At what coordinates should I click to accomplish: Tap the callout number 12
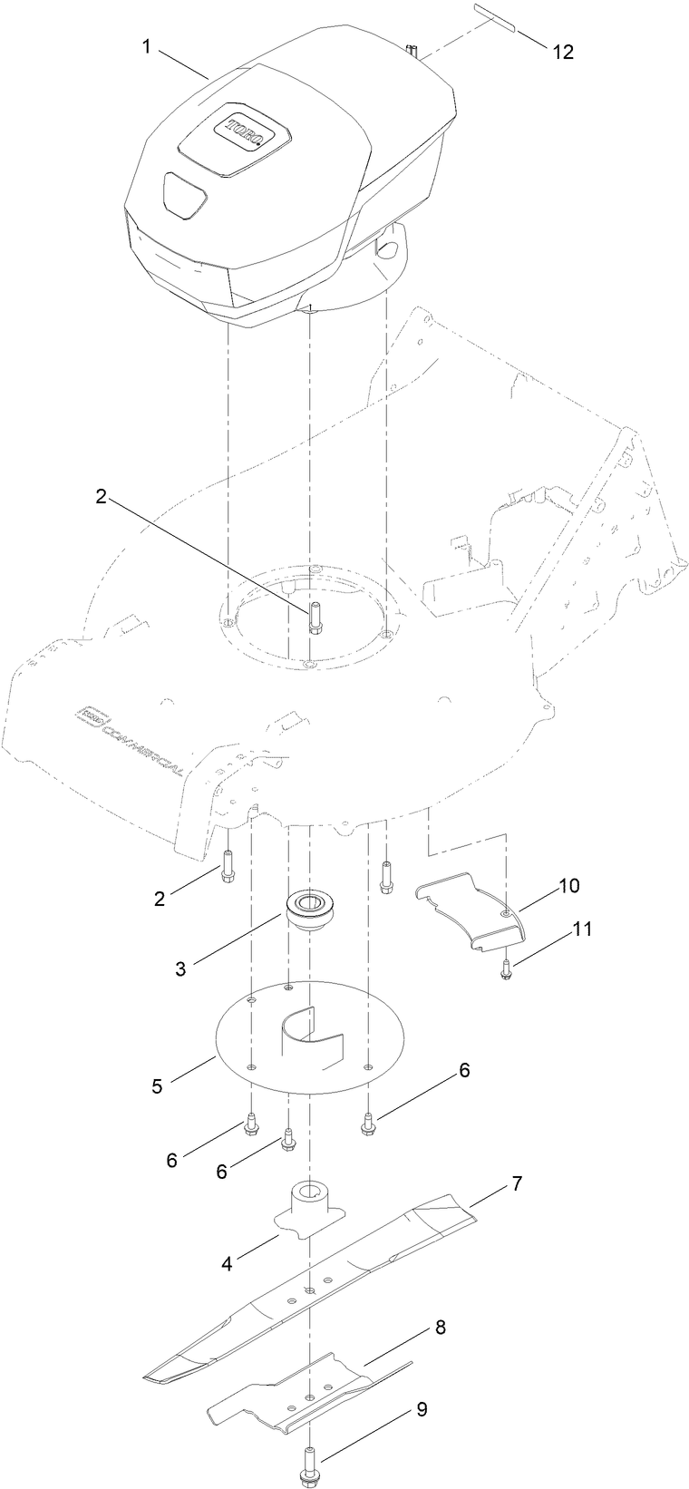[x=563, y=53]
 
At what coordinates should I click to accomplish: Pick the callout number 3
[x=180, y=968]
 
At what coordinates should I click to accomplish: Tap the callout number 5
[x=158, y=1085]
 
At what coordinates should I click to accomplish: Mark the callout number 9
[x=422, y=1409]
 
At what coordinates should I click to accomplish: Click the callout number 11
[x=580, y=929]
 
